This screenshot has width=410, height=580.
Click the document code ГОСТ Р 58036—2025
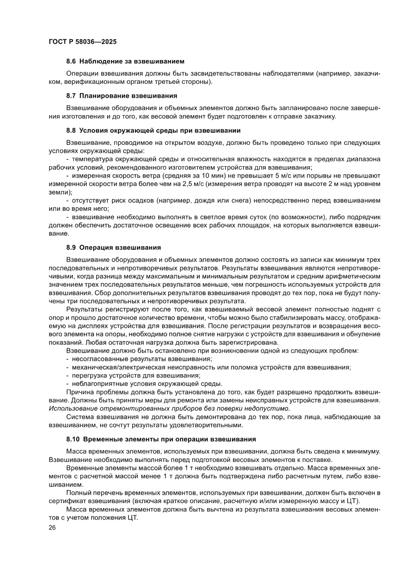pos(83,42)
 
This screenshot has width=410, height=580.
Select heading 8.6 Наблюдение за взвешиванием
pos(125,62)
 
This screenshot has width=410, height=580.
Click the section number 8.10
pos(73,439)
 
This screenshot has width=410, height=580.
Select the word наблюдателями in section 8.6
pos(288,73)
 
